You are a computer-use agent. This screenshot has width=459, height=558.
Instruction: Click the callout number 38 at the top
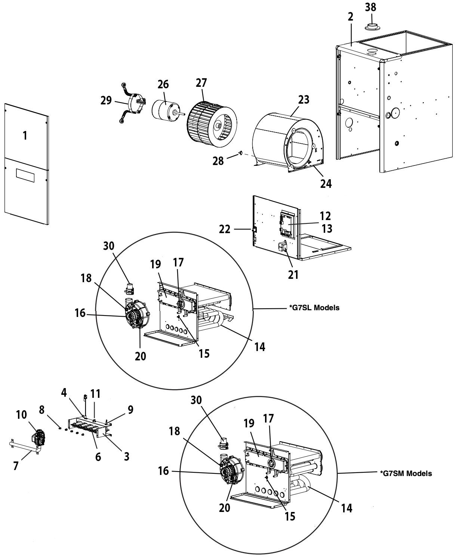[x=370, y=7]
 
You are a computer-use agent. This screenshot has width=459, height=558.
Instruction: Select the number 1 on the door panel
[x=25, y=135]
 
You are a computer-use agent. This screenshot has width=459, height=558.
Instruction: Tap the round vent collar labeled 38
[x=372, y=26]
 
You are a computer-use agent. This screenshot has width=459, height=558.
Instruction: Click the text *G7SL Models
[x=314, y=308]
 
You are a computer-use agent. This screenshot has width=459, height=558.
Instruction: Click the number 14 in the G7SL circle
[x=259, y=347]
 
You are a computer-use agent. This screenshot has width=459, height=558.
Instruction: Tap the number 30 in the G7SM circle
[x=196, y=400]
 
